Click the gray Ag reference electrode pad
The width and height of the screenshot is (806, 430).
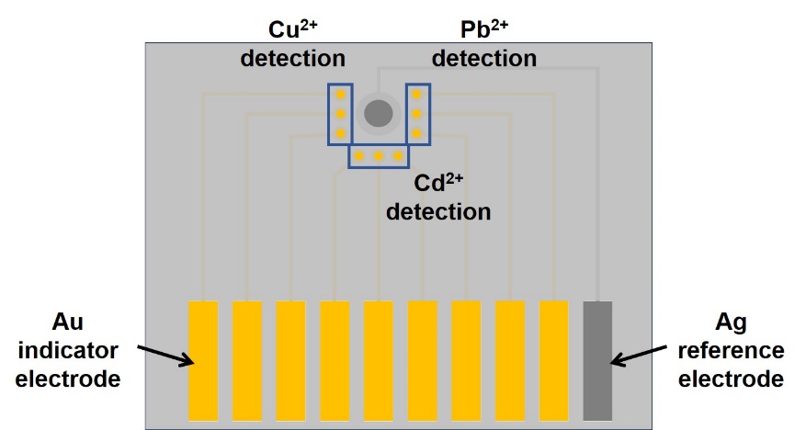point(597,361)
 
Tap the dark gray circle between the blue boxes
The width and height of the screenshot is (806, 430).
point(379,114)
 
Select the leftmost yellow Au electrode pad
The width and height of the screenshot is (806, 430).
point(203,361)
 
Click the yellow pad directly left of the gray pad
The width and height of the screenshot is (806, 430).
point(553,361)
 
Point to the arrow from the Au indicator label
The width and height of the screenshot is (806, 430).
point(165,356)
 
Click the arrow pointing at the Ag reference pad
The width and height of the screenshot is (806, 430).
point(639,356)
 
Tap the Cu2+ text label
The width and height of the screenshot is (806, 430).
point(293,29)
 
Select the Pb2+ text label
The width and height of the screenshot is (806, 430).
point(484,29)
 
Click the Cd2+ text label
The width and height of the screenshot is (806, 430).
point(438,182)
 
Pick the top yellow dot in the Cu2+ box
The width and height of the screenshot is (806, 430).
point(340,95)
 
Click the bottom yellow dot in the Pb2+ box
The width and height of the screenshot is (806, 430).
point(417,133)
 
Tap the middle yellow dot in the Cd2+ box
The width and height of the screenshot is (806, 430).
point(379,155)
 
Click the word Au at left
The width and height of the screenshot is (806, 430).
point(68,322)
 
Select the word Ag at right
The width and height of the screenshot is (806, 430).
point(731,322)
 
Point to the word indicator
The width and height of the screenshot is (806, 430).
point(68,350)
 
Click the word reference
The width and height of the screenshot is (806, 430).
point(731,351)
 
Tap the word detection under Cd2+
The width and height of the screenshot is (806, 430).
point(438,211)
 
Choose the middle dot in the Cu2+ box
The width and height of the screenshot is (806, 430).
point(340,114)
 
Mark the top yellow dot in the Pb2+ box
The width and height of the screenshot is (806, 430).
point(417,95)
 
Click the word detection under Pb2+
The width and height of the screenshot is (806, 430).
point(484,58)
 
